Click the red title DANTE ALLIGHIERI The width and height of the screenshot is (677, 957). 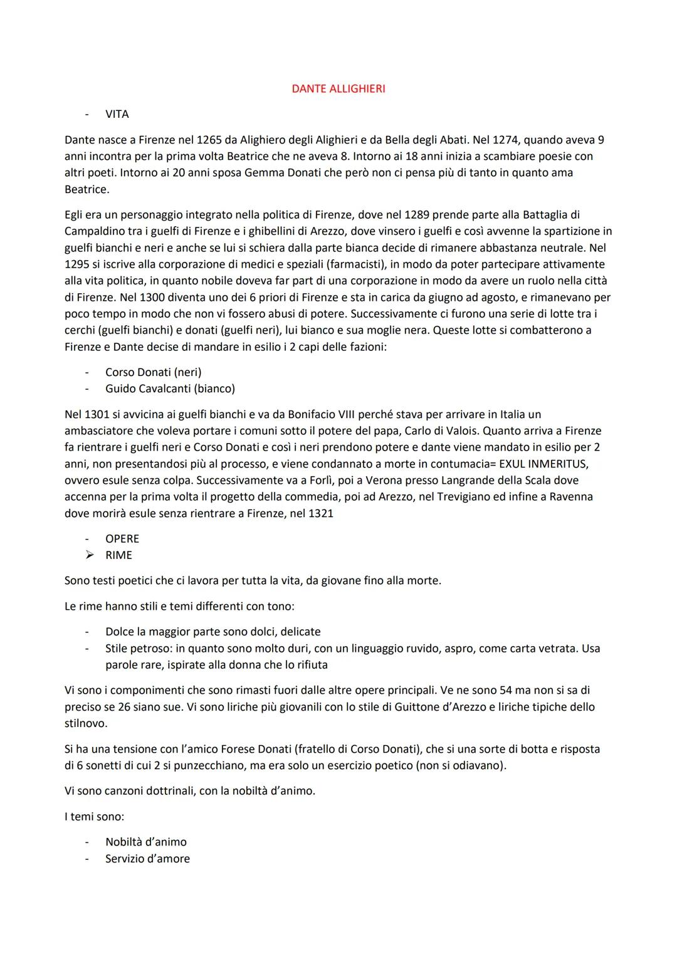[x=338, y=89]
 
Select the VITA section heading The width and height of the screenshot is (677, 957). [x=117, y=114]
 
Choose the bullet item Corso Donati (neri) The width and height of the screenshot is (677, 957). [x=153, y=372]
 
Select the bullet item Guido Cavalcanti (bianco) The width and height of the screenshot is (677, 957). [x=170, y=389]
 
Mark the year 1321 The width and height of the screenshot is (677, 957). [x=321, y=513]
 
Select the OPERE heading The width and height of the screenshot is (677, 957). [x=122, y=539]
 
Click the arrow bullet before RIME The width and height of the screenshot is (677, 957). [x=90, y=555]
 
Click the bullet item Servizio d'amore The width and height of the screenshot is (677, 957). [x=147, y=859]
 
